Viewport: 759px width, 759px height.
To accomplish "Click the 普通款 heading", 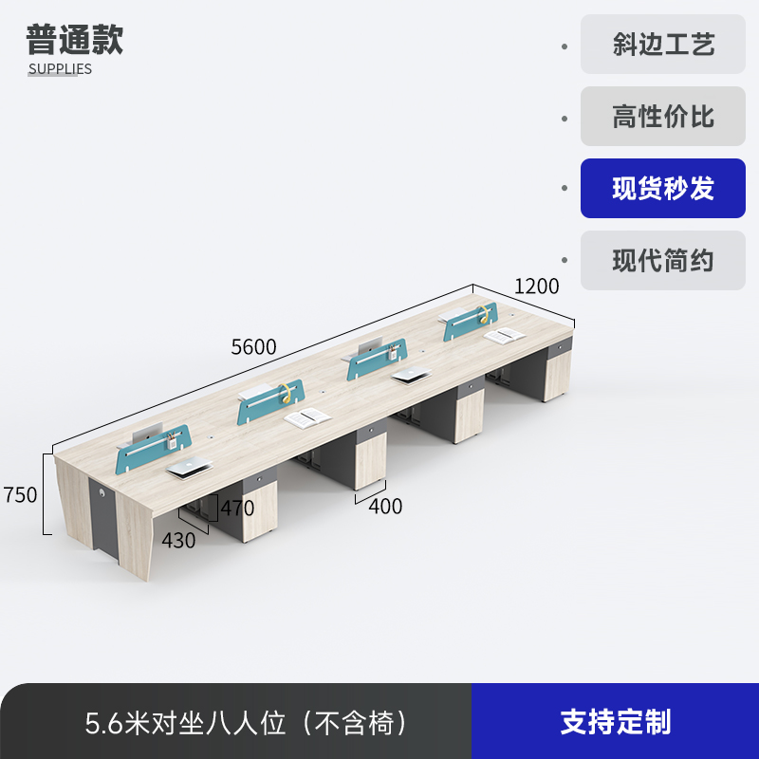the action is tap(75, 41).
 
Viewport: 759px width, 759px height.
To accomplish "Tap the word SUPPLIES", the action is tap(60, 68).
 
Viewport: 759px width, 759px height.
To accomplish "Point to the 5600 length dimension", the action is tap(254, 347).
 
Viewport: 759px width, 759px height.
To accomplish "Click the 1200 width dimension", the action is tap(537, 286).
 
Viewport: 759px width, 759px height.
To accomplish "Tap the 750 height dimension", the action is tap(20, 494).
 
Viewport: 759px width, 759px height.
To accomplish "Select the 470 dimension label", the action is tap(237, 508).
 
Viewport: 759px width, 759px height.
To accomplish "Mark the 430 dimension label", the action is tap(178, 541).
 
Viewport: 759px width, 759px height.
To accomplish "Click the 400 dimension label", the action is tap(385, 507).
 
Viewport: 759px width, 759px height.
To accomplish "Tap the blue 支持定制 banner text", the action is tap(615, 722).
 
